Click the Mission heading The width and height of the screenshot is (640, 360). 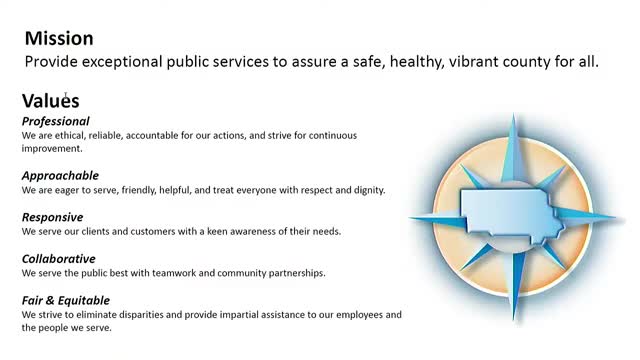tap(59, 38)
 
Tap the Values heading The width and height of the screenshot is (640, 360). tap(51, 101)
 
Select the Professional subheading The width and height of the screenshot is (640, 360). tap(56, 121)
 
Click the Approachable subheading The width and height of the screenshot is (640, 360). tap(60, 176)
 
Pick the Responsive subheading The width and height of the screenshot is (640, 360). tap(53, 217)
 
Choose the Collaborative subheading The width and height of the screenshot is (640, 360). tap(59, 259)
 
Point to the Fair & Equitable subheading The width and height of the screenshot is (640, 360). tap(66, 300)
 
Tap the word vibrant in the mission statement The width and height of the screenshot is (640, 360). tap(473, 62)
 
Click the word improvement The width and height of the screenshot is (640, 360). tap(52, 149)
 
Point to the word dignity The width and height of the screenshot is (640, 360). tap(370, 190)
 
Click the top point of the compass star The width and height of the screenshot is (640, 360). tap(513, 115)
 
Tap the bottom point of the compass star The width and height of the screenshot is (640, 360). tap(513, 321)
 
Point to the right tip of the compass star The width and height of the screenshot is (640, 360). tap(617, 217)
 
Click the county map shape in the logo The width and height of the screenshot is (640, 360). tap(510, 213)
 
